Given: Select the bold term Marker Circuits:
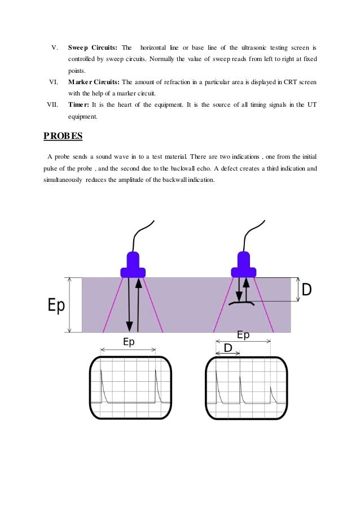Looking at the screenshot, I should pyautogui.click(x=94, y=82).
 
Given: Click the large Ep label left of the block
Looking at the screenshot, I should pyautogui.click(x=56, y=306).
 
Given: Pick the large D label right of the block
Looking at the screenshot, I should pyautogui.click(x=306, y=290).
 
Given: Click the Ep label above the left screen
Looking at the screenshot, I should pyautogui.click(x=129, y=342).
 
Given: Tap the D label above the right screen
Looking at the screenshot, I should pyautogui.click(x=228, y=348).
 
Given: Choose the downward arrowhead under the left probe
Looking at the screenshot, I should pyautogui.click(x=129, y=326).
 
